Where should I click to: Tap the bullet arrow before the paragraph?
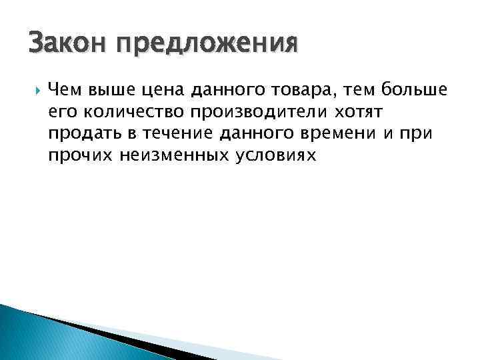point(35,89)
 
